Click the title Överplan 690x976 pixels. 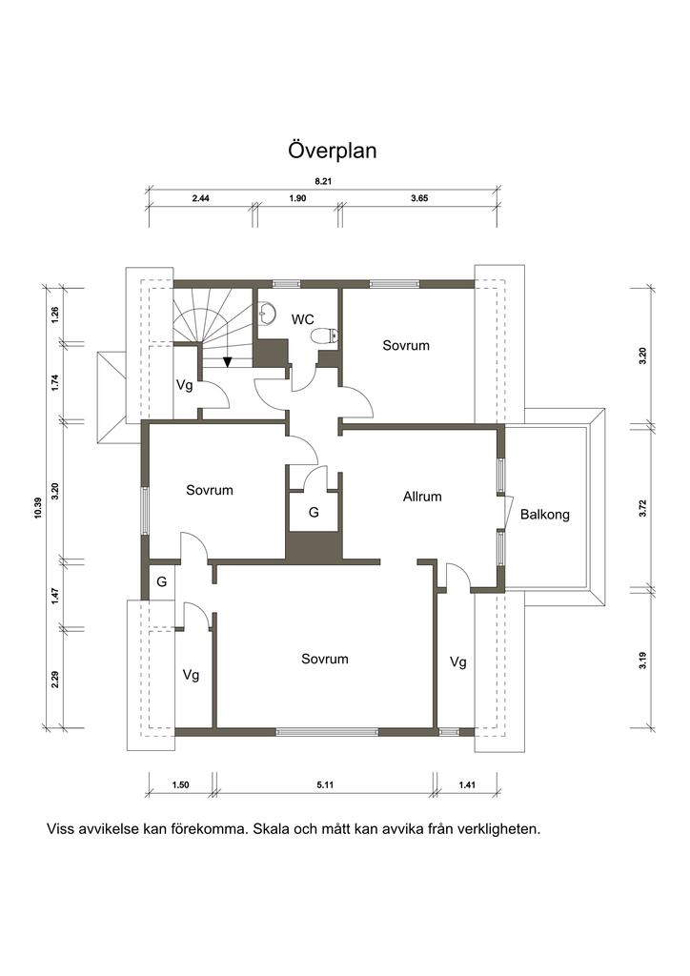[x=333, y=151]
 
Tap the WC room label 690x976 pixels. [x=302, y=319]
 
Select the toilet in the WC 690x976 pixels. [x=324, y=336]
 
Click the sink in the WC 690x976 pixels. [x=266, y=314]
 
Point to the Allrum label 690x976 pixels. [x=422, y=497]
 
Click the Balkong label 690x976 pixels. [x=545, y=515]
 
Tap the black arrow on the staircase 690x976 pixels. [x=228, y=361]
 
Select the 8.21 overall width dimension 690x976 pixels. [x=322, y=182]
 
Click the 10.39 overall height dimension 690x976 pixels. [x=38, y=507]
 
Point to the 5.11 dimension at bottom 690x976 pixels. [x=325, y=785]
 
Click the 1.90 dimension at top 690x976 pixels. [x=298, y=198]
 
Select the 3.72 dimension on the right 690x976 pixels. [x=643, y=509]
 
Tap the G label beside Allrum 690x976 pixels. [x=314, y=512]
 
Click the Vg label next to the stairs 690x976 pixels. [x=184, y=385]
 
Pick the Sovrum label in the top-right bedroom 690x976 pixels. [x=406, y=345]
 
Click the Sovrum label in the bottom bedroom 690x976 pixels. [x=325, y=659]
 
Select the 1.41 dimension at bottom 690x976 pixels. [x=467, y=785]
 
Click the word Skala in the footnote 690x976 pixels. [x=270, y=829]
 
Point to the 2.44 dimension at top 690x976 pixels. [x=200, y=198]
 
